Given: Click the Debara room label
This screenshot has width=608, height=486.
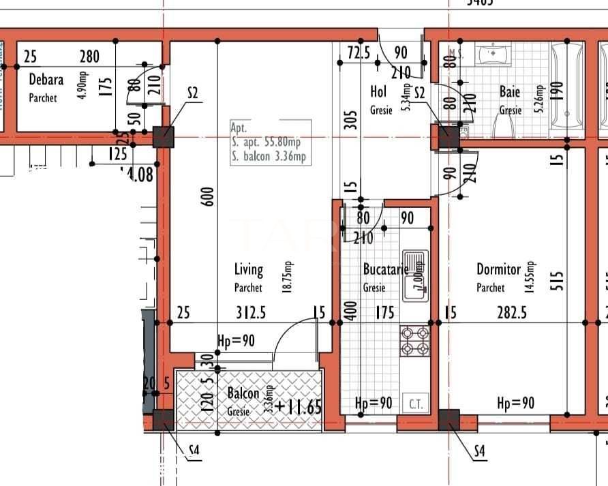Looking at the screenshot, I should point(46,80).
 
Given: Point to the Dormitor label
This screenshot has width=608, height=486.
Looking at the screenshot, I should point(498,270).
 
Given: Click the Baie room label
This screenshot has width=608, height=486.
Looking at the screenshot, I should point(509,91).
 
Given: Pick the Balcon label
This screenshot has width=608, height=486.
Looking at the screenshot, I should point(243,394).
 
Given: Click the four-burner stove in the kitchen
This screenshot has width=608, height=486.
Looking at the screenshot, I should point(415,341).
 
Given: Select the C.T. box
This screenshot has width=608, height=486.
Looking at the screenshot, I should point(416,404).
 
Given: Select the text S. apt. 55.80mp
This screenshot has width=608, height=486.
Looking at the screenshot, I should point(267,142).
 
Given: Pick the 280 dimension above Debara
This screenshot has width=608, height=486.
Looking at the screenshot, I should point(89,57).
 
